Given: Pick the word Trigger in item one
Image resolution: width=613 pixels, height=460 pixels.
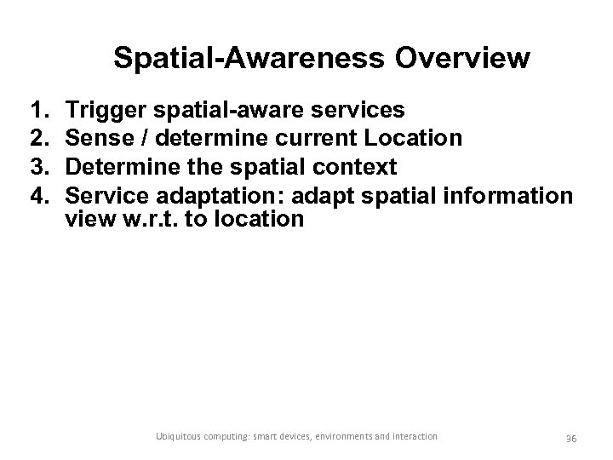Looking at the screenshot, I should [x=100, y=110].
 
